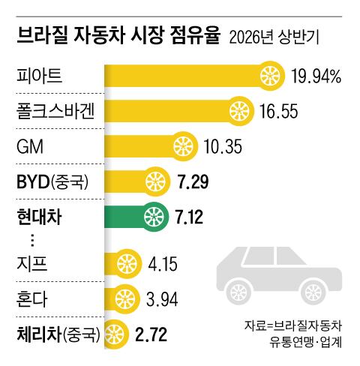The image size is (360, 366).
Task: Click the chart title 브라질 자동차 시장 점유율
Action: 118,36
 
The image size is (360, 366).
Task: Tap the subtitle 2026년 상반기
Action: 274,37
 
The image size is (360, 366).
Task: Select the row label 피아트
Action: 39,75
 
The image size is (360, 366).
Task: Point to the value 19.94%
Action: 316,76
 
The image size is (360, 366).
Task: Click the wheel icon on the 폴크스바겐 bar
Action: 239,111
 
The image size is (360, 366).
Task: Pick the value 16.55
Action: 279,112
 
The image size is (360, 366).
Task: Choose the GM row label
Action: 30,146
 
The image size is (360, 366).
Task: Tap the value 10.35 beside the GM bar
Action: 223,146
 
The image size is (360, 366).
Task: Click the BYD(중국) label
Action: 52,181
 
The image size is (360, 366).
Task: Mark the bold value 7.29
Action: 193,181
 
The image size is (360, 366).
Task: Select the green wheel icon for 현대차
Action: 154,217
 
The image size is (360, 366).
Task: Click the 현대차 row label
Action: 39,217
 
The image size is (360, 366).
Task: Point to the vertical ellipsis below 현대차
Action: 32,241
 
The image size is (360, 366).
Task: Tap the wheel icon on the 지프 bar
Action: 127,264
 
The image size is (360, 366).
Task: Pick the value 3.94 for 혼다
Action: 162,299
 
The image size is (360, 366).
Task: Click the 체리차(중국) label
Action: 58,334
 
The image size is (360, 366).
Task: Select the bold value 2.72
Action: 151,334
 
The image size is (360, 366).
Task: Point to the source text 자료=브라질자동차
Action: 293,326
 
